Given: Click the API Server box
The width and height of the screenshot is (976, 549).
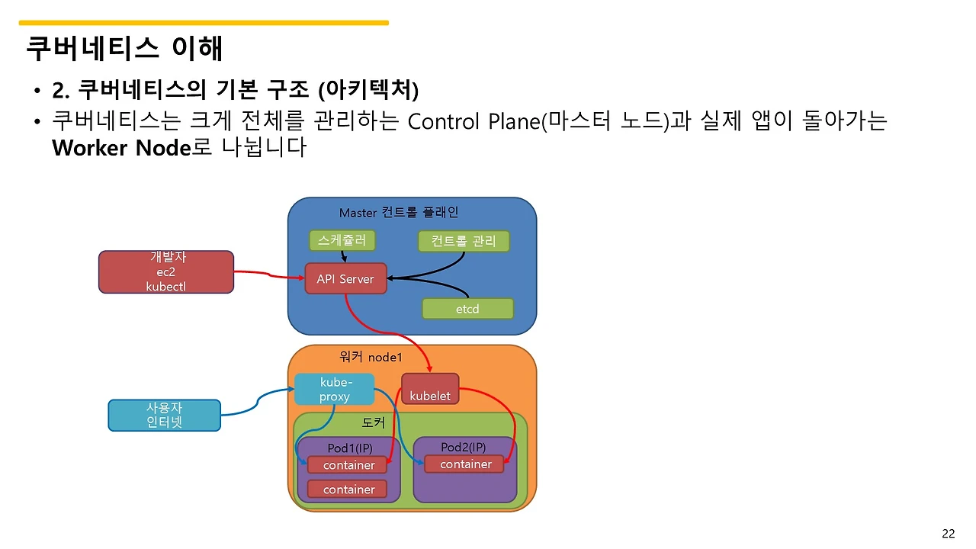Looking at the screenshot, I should point(345,279).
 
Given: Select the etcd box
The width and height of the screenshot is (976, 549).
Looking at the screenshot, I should point(467,309).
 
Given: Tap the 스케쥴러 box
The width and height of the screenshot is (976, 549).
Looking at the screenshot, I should point(342,240).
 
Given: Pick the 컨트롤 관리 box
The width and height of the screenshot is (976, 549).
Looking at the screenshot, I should point(464,242).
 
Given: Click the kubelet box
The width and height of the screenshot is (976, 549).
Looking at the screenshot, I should point(430,388).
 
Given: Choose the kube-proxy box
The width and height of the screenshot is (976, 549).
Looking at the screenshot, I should point(335,389).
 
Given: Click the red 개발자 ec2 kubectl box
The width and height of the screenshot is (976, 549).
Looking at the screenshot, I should point(165,272).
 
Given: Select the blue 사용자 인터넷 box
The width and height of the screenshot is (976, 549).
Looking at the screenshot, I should point(164,415).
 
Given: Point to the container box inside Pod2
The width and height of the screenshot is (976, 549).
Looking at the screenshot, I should point(466,464).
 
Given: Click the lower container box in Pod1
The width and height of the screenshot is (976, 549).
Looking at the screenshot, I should point(348,490).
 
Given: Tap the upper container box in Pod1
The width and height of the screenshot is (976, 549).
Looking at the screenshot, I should point(348,465).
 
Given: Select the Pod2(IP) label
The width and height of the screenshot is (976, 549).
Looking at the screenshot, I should point(463,446).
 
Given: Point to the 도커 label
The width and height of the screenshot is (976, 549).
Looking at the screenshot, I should point(374,422).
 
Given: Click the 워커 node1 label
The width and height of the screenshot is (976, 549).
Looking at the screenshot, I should point(370,357).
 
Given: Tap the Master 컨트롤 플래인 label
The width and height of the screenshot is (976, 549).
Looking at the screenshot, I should point(399,212).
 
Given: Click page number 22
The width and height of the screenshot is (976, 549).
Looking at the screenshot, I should point(948,533).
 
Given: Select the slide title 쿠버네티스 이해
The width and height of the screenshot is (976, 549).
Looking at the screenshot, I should point(124,48).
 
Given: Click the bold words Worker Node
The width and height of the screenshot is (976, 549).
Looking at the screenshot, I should point(120,147).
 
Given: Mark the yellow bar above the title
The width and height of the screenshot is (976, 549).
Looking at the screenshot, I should point(204,23).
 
